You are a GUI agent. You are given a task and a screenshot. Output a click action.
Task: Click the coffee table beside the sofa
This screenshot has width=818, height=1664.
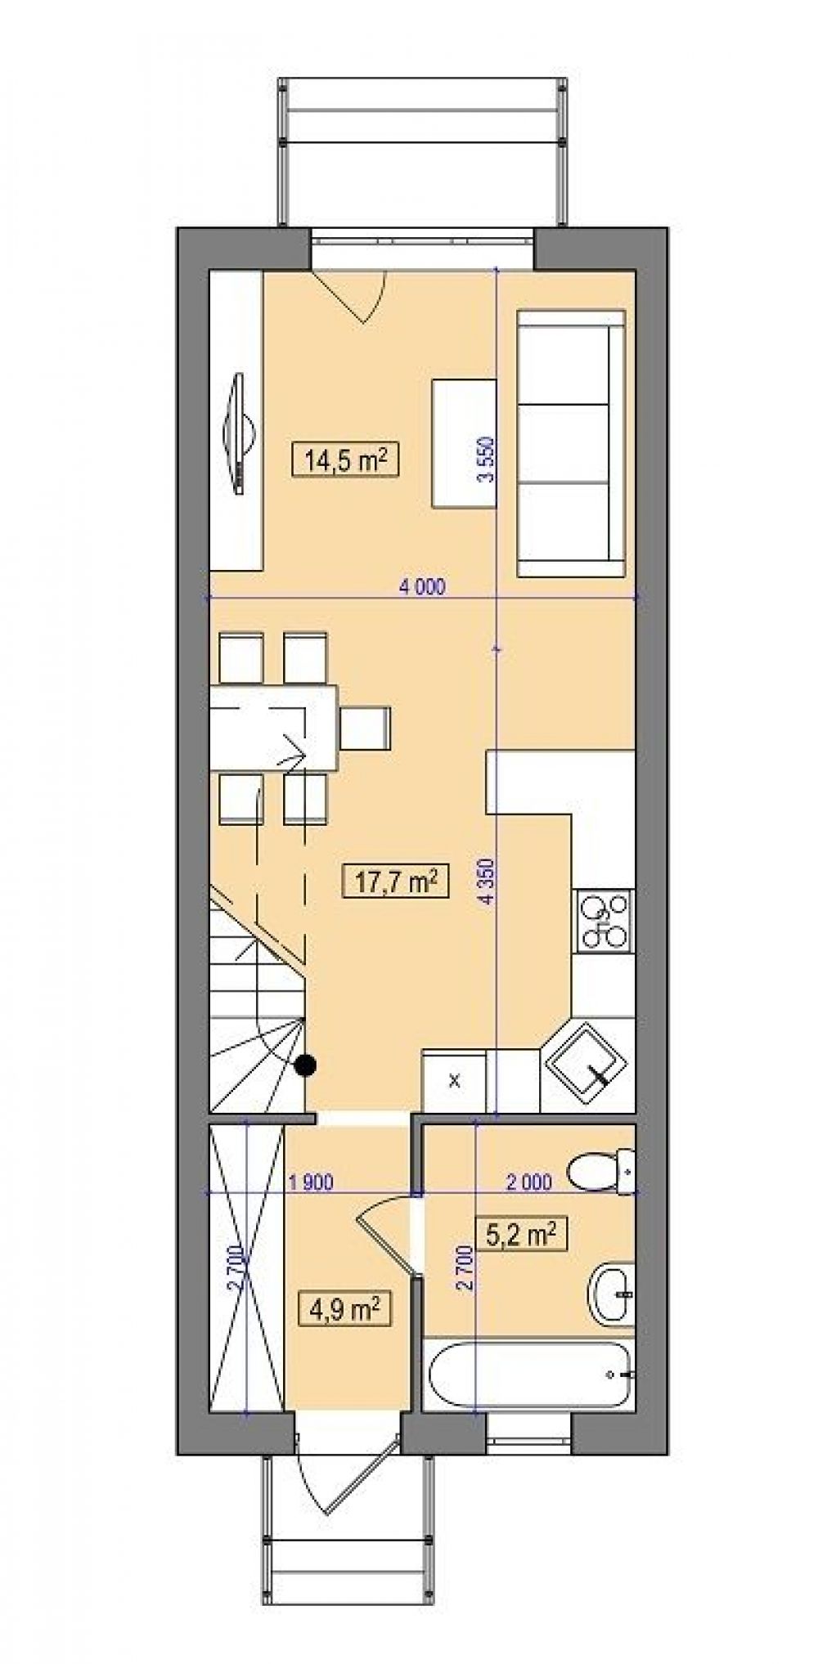pyautogui.click(x=464, y=442)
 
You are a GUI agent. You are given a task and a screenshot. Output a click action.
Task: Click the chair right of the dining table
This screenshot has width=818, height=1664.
pyautogui.click(x=365, y=729)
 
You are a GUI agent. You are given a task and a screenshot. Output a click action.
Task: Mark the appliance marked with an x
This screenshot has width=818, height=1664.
pyautogui.click(x=454, y=1080)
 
